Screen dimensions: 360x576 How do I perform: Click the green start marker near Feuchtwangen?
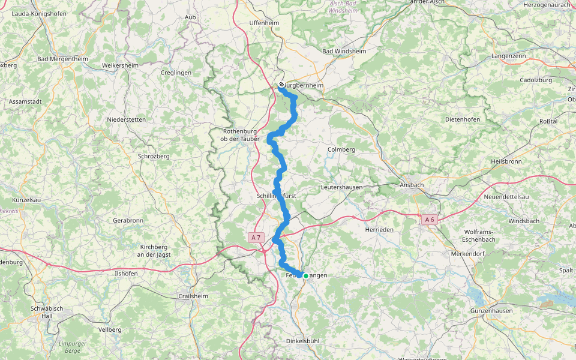tap(305, 276)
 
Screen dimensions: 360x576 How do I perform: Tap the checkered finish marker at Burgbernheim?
tap(281, 85)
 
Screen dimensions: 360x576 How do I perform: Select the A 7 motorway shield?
tap(256, 238)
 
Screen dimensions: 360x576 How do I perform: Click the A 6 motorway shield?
tap(429, 220)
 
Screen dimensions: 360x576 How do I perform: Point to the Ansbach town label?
tap(412, 185)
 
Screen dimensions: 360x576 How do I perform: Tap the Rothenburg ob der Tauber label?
tap(240, 135)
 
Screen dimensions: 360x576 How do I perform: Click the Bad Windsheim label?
tap(344, 52)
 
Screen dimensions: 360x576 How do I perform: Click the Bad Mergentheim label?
tap(62, 59)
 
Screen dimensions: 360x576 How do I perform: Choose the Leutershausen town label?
tap(342, 187)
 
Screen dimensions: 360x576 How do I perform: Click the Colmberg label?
tap(341, 149)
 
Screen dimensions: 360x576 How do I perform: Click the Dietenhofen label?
tap(462, 119)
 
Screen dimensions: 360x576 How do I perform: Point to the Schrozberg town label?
tap(154, 156)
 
